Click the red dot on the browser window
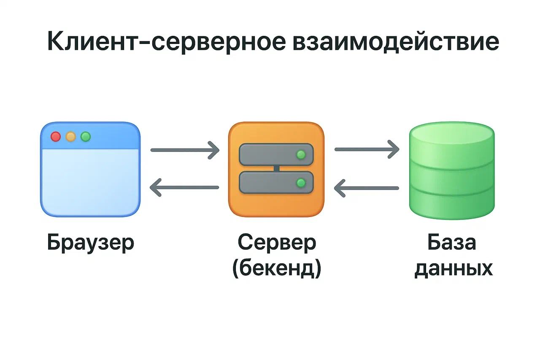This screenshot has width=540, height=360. click(x=56, y=137)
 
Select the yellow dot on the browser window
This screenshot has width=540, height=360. click(x=71, y=137)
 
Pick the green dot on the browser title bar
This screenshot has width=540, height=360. click(x=86, y=137)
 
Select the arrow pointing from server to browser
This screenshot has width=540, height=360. click(x=185, y=187)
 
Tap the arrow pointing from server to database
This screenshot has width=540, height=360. click(x=367, y=149)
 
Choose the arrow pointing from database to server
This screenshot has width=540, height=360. click(x=367, y=188)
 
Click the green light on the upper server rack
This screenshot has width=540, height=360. click(x=301, y=154)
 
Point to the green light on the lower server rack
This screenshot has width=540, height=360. click(x=301, y=183)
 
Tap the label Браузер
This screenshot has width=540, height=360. click(x=90, y=243)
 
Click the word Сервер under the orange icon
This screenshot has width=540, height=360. click(x=276, y=243)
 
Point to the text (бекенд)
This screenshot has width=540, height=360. click(x=276, y=268)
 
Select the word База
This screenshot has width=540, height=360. click(x=452, y=243)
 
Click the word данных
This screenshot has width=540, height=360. click(x=454, y=268)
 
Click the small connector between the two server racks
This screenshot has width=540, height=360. click(x=276, y=169)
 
